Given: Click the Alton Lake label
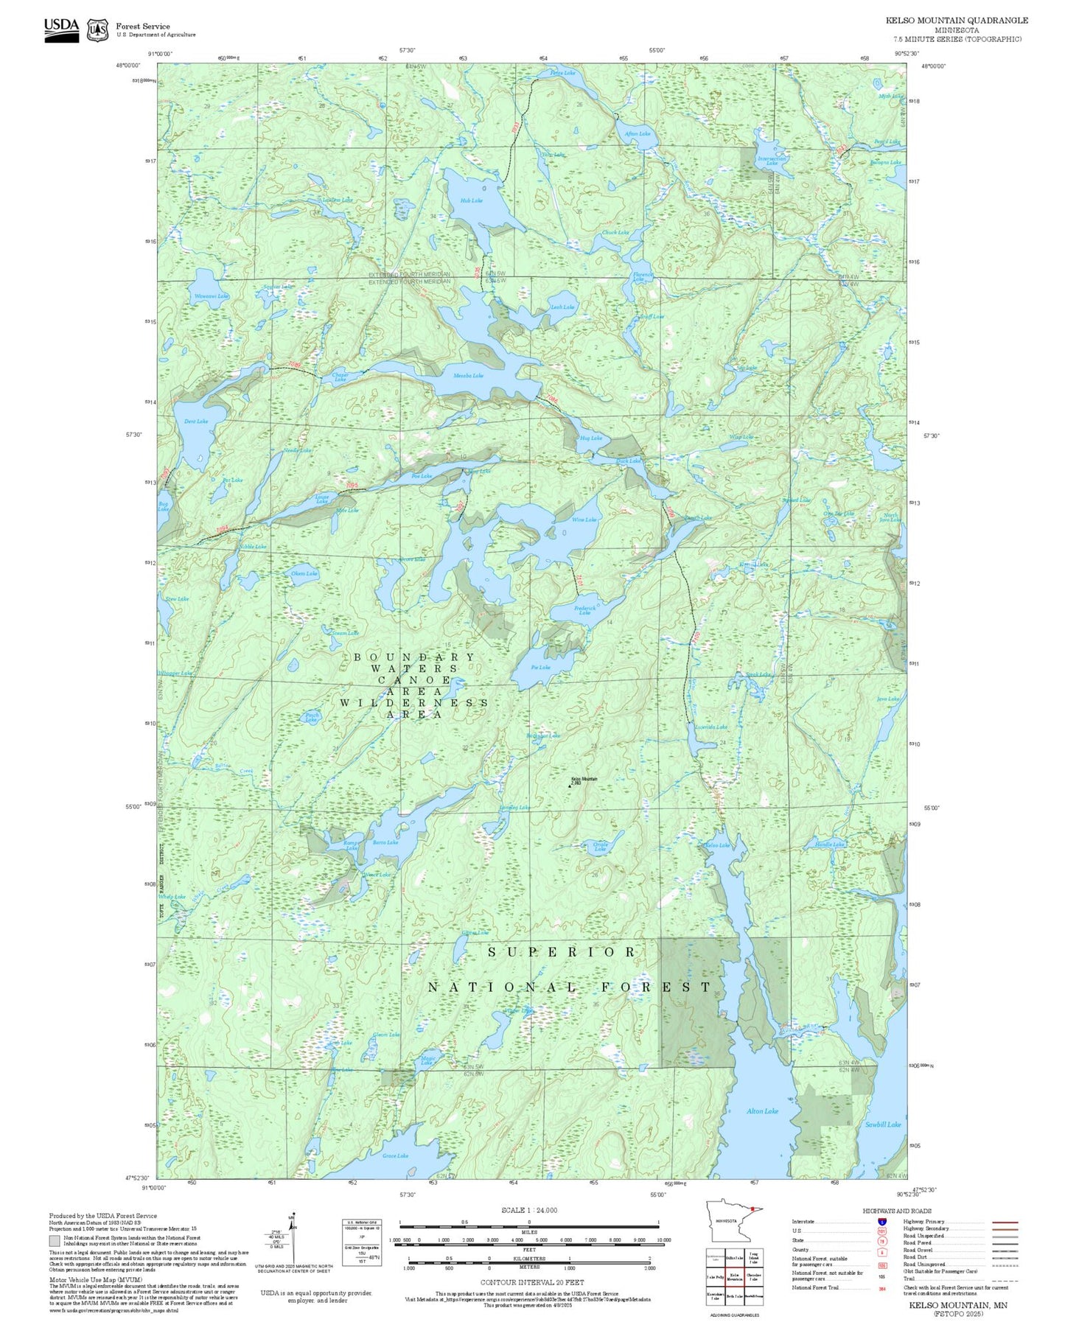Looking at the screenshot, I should pyautogui.click(x=761, y=1111).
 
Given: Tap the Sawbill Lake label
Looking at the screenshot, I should pyautogui.click(x=883, y=1125).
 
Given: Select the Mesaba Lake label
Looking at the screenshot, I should pyautogui.click(x=468, y=376).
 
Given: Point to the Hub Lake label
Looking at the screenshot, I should pyautogui.click(x=471, y=200).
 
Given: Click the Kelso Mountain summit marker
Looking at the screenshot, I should pyautogui.click(x=570, y=786).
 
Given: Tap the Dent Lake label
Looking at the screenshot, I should pyautogui.click(x=195, y=422).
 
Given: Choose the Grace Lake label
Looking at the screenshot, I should pyautogui.click(x=395, y=1155).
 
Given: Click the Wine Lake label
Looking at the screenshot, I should pyautogui.click(x=584, y=520).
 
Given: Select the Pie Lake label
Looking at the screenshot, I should pyautogui.click(x=540, y=668).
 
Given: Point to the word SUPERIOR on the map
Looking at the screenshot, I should pyautogui.click(x=562, y=952).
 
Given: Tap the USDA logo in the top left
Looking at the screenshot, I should pyautogui.click(x=61, y=29).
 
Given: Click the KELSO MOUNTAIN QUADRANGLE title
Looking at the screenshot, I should pyautogui.click(x=957, y=20).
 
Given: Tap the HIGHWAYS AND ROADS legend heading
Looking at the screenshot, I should pyautogui.click(x=897, y=1211).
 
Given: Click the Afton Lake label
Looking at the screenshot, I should pyautogui.click(x=638, y=134).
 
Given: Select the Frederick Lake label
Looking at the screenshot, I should pyautogui.click(x=584, y=610).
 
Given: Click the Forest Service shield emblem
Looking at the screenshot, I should pyautogui.click(x=97, y=29).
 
